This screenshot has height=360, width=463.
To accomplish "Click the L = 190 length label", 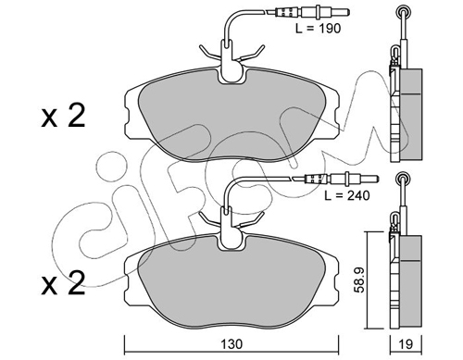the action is coord(318,29).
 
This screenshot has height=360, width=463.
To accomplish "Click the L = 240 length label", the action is coord(347,195).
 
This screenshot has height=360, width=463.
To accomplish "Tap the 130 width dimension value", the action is coord(231,344).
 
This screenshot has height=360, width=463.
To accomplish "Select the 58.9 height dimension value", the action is coord(359,279).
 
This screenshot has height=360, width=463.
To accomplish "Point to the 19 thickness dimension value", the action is coord(406,344).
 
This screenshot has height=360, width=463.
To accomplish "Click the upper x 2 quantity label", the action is coord(63,117).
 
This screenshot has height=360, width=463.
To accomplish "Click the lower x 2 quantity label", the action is coord(63,283).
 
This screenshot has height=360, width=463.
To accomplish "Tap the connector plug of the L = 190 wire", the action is coord(312,13).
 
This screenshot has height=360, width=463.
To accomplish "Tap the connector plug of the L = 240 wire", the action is coord(342,179).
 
